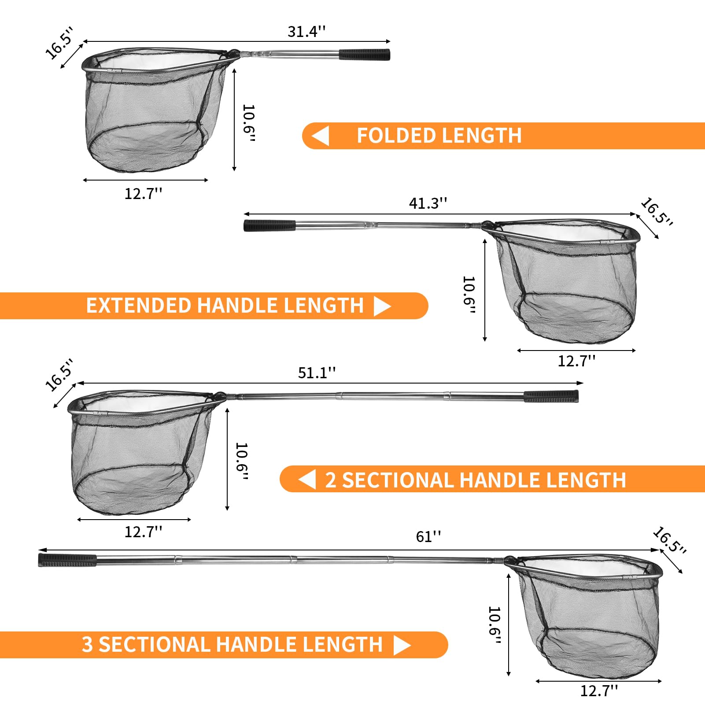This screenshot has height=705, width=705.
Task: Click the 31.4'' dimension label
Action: tap(306, 32)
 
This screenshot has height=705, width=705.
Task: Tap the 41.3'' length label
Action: tap(428, 203)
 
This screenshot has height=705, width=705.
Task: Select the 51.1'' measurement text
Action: tap(317, 373)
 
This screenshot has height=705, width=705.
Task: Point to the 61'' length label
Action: tap(428, 537)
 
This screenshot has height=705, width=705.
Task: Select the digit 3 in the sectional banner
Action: tap(87, 645)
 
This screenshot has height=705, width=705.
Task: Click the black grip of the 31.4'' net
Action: tap(365, 55)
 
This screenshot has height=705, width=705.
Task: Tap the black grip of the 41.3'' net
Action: tap(269, 225)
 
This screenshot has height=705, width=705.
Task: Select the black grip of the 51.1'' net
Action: tap(551, 396)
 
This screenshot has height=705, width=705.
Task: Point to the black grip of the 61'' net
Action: tap(67, 560)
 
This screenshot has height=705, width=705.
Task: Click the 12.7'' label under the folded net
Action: tap(144, 194)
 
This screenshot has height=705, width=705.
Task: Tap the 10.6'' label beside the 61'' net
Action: tap(495, 625)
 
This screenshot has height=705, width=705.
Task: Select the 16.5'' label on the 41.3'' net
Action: tap(657, 212)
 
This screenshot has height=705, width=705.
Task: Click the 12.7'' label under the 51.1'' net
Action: tap(144, 532)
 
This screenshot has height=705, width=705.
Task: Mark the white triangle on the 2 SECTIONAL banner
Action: tap(307, 479)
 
